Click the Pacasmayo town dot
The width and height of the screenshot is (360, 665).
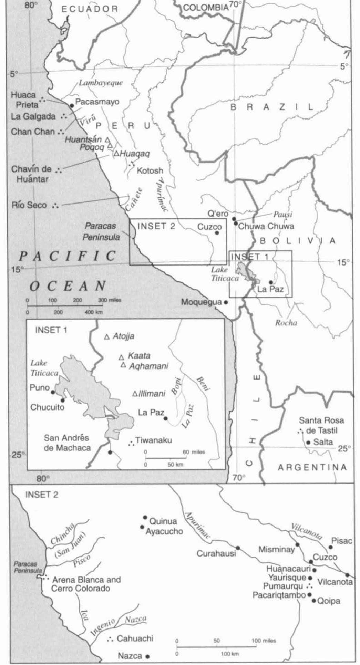(x=72, y=105)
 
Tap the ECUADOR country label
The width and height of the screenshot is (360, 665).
(x=90, y=9)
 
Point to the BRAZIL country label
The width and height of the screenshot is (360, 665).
(x=272, y=107)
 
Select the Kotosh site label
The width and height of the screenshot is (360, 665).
(x=150, y=170)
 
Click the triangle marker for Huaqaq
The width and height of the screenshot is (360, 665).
(x=116, y=154)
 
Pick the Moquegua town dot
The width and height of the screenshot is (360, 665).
(x=226, y=302)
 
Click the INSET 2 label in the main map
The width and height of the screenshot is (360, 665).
(x=156, y=226)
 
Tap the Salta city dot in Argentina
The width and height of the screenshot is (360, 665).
(x=308, y=442)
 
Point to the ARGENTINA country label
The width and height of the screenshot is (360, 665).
(x=312, y=467)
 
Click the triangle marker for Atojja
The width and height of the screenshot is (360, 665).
(x=107, y=337)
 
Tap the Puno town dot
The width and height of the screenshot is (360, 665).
(x=53, y=392)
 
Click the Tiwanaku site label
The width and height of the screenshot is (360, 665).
(x=153, y=440)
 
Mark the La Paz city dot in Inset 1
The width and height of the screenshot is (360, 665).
(x=165, y=418)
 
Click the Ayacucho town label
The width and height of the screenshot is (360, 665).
(x=164, y=531)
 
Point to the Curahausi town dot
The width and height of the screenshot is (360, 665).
(x=238, y=548)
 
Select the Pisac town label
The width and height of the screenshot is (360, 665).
(x=342, y=541)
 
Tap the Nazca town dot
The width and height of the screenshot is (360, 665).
(x=147, y=656)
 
